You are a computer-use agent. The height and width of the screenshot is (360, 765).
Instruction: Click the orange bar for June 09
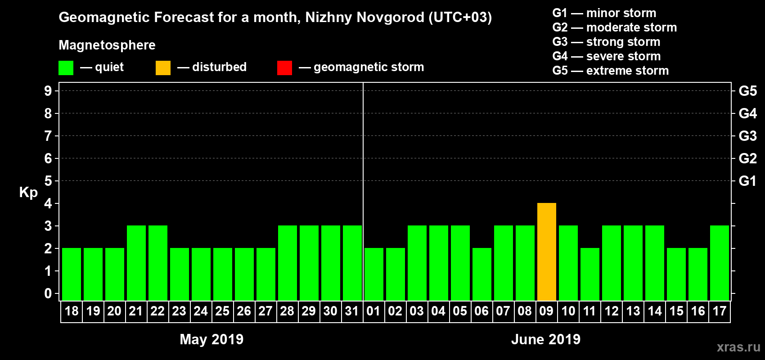546,252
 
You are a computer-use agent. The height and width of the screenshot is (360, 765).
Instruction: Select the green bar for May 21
136,263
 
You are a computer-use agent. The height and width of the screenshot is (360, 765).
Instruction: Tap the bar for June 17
719,263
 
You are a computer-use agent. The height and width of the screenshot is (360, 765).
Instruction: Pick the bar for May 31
352,263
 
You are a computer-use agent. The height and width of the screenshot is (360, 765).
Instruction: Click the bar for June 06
481,274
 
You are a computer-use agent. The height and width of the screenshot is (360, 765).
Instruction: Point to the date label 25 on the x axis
222,311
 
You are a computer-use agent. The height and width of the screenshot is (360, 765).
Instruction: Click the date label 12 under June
611,311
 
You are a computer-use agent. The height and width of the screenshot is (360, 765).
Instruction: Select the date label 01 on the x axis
373,311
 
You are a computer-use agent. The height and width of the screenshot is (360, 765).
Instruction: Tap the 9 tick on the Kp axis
48,91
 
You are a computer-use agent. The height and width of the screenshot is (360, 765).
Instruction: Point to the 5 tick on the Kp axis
48,181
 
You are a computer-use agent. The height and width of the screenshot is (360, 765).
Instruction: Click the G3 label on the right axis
747,136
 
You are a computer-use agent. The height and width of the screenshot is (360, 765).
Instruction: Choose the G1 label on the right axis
747,181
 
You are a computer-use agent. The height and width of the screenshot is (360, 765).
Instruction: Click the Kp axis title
28,192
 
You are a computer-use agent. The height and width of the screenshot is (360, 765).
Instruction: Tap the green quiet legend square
66,68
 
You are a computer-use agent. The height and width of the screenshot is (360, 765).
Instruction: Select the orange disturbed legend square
163,68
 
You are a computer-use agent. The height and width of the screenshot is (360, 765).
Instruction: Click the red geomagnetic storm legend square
284,68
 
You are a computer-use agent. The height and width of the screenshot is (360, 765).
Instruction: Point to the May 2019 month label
211,339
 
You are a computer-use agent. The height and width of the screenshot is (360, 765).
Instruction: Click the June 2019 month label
546,339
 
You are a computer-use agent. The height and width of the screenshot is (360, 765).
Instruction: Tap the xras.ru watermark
738,346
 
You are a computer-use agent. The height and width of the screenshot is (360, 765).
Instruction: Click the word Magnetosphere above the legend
107,45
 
